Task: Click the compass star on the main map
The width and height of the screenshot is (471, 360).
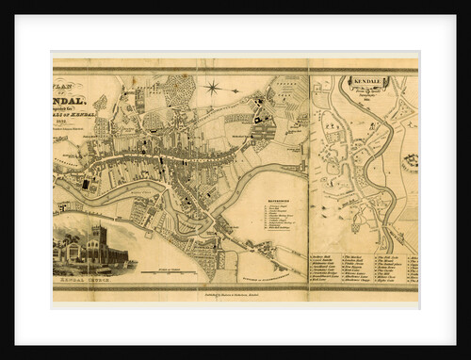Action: point(212,89)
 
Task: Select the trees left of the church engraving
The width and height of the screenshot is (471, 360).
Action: point(66,251)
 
